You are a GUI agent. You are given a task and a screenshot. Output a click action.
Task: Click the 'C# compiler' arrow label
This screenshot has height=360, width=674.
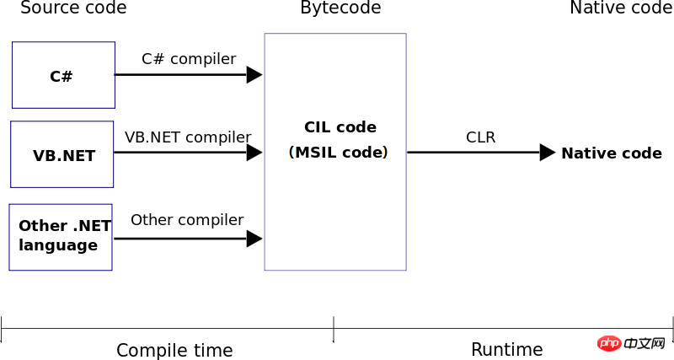[189, 59]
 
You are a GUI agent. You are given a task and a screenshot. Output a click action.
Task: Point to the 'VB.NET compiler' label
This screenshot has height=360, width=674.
[188, 137]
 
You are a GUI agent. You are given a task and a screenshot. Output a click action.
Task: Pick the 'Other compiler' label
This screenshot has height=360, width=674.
[187, 220]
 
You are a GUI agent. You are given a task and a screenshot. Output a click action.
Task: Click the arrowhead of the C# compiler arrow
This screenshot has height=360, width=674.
[254, 75]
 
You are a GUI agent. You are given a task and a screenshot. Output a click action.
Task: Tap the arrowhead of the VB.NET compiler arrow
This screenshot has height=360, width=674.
[254, 153]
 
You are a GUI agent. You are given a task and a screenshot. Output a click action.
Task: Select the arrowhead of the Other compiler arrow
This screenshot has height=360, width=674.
[254, 239]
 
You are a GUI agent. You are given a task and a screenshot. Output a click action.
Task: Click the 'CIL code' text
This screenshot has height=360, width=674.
[340, 126]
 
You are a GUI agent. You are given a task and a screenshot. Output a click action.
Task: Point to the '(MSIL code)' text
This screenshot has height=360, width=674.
[339, 153]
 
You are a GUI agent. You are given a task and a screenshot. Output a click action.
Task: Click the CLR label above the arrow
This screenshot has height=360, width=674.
[480, 137]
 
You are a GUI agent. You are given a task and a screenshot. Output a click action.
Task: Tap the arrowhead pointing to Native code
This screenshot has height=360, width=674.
[548, 153]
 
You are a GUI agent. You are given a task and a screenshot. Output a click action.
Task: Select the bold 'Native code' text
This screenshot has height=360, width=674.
[612, 153]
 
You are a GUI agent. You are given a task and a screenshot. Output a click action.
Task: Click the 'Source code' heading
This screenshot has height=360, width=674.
[73, 8]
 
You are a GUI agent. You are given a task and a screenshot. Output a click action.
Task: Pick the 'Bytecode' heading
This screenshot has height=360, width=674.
[340, 8]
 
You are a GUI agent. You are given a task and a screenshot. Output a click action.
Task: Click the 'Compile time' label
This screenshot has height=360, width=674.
[174, 351]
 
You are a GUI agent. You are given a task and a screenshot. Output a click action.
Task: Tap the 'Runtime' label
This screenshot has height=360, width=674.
[507, 350]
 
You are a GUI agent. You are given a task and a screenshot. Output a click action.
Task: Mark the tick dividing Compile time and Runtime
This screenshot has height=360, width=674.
[334, 329]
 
